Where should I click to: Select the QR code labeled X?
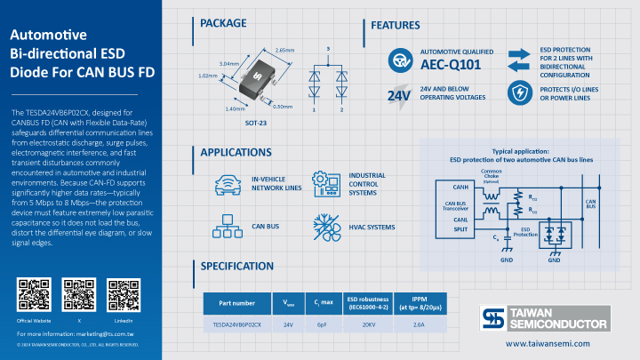pos(78,293)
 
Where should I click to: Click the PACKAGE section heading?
pos(223,23)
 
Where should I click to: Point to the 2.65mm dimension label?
pos(284,50)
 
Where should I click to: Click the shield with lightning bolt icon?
pos(518,92)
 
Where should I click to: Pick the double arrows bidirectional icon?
pos(518,59)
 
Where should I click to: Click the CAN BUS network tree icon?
pos(228,227)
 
